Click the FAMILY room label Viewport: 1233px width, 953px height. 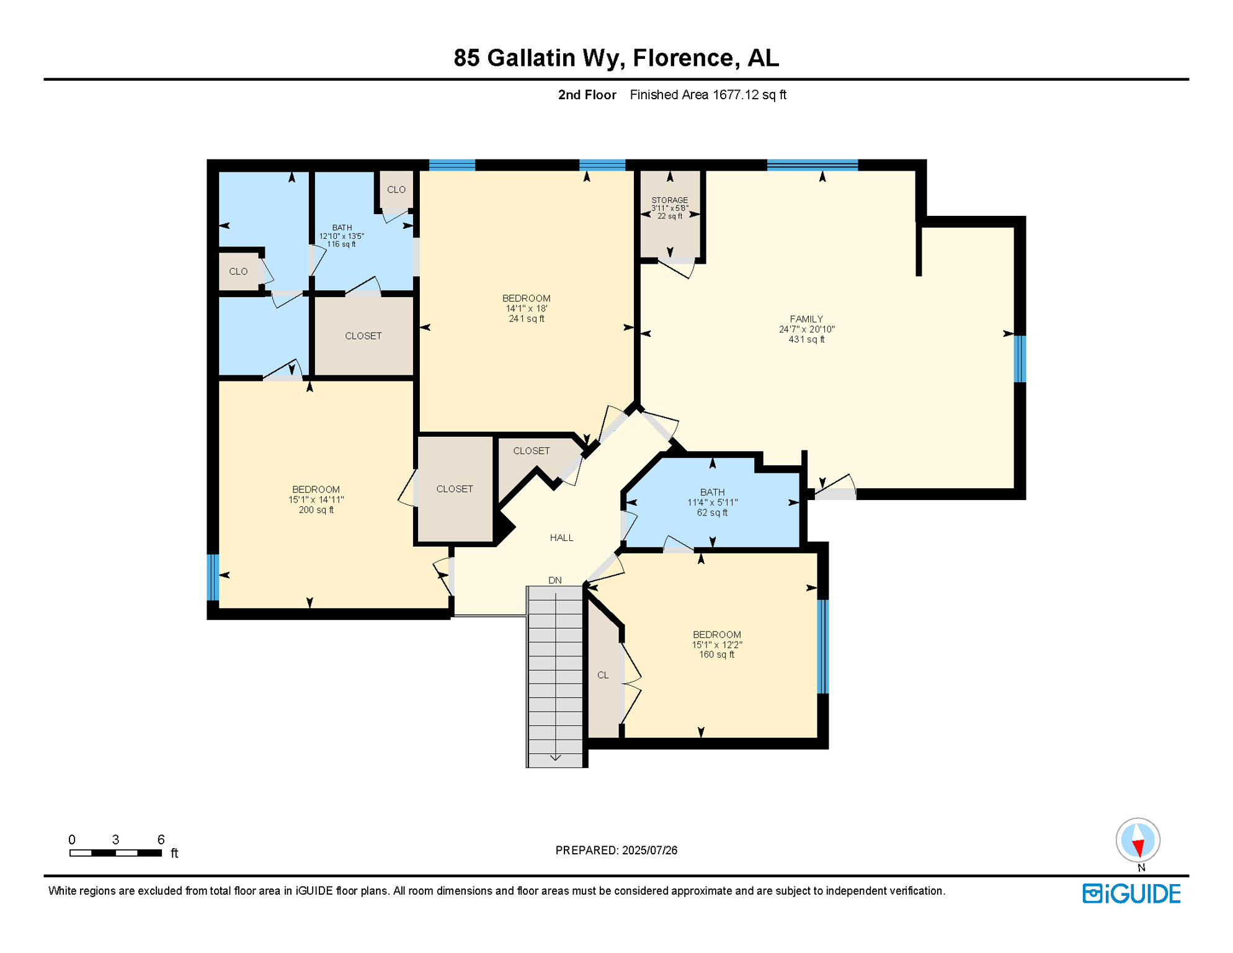[806, 319]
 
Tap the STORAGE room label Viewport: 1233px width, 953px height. [669, 200]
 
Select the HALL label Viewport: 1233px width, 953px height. [561, 537]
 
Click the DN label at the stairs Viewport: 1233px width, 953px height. [554, 580]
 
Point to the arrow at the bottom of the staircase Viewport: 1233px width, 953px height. [555, 757]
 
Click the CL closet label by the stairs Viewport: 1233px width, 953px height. [603, 675]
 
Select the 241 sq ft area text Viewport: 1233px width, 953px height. [526, 319]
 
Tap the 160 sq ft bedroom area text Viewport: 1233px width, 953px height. [716, 655]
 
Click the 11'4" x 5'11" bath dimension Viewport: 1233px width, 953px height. [712, 503]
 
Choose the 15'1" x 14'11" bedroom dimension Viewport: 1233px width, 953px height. [316, 499]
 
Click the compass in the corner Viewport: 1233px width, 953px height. [1137, 840]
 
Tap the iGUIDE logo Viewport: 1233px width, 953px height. [1131, 893]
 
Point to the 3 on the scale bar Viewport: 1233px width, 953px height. [115, 839]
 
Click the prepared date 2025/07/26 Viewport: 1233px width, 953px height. [649, 850]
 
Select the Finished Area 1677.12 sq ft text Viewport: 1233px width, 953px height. [708, 95]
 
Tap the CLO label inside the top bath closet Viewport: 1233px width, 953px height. [396, 190]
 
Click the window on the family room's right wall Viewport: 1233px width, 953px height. [1019, 359]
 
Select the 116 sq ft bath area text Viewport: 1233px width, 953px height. [341, 244]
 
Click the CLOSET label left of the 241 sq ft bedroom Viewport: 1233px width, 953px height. [363, 336]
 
